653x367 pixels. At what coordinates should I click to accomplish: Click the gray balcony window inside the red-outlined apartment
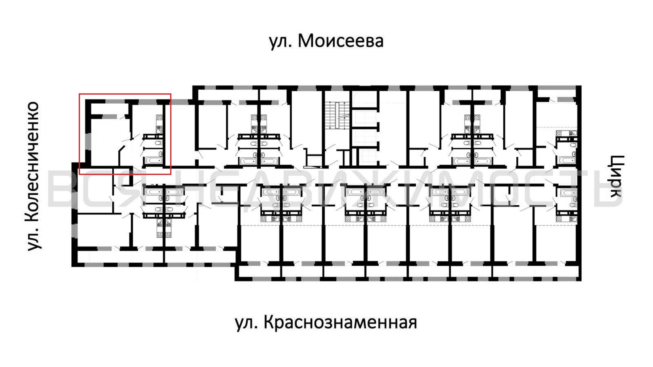coord(109,117)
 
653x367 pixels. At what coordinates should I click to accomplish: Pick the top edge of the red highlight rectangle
coord(125,94)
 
